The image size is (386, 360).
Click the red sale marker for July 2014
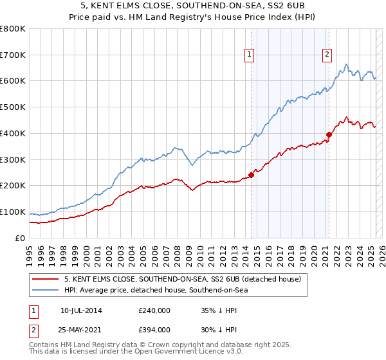pyautogui.click(x=251, y=175)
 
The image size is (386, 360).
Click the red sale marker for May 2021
pyautogui.click(x=329, y=134)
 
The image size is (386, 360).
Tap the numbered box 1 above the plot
pyautogui.click(x=249, y=55)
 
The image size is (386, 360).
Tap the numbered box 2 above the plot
pyautogui.click(x=327, y=55)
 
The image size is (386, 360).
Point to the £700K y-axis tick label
pyautogui.click(x=13, y=55)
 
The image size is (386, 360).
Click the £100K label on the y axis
pyautogui.click(x=13, y=212)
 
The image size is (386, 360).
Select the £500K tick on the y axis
pyautogui.click(x=13, y=107)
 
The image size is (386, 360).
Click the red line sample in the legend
pyautogui.click(x=45, y=280)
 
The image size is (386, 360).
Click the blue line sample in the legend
pyautogui.click(x=45, y=291)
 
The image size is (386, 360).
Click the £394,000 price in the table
pyautogui.click(x=154, y=329)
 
